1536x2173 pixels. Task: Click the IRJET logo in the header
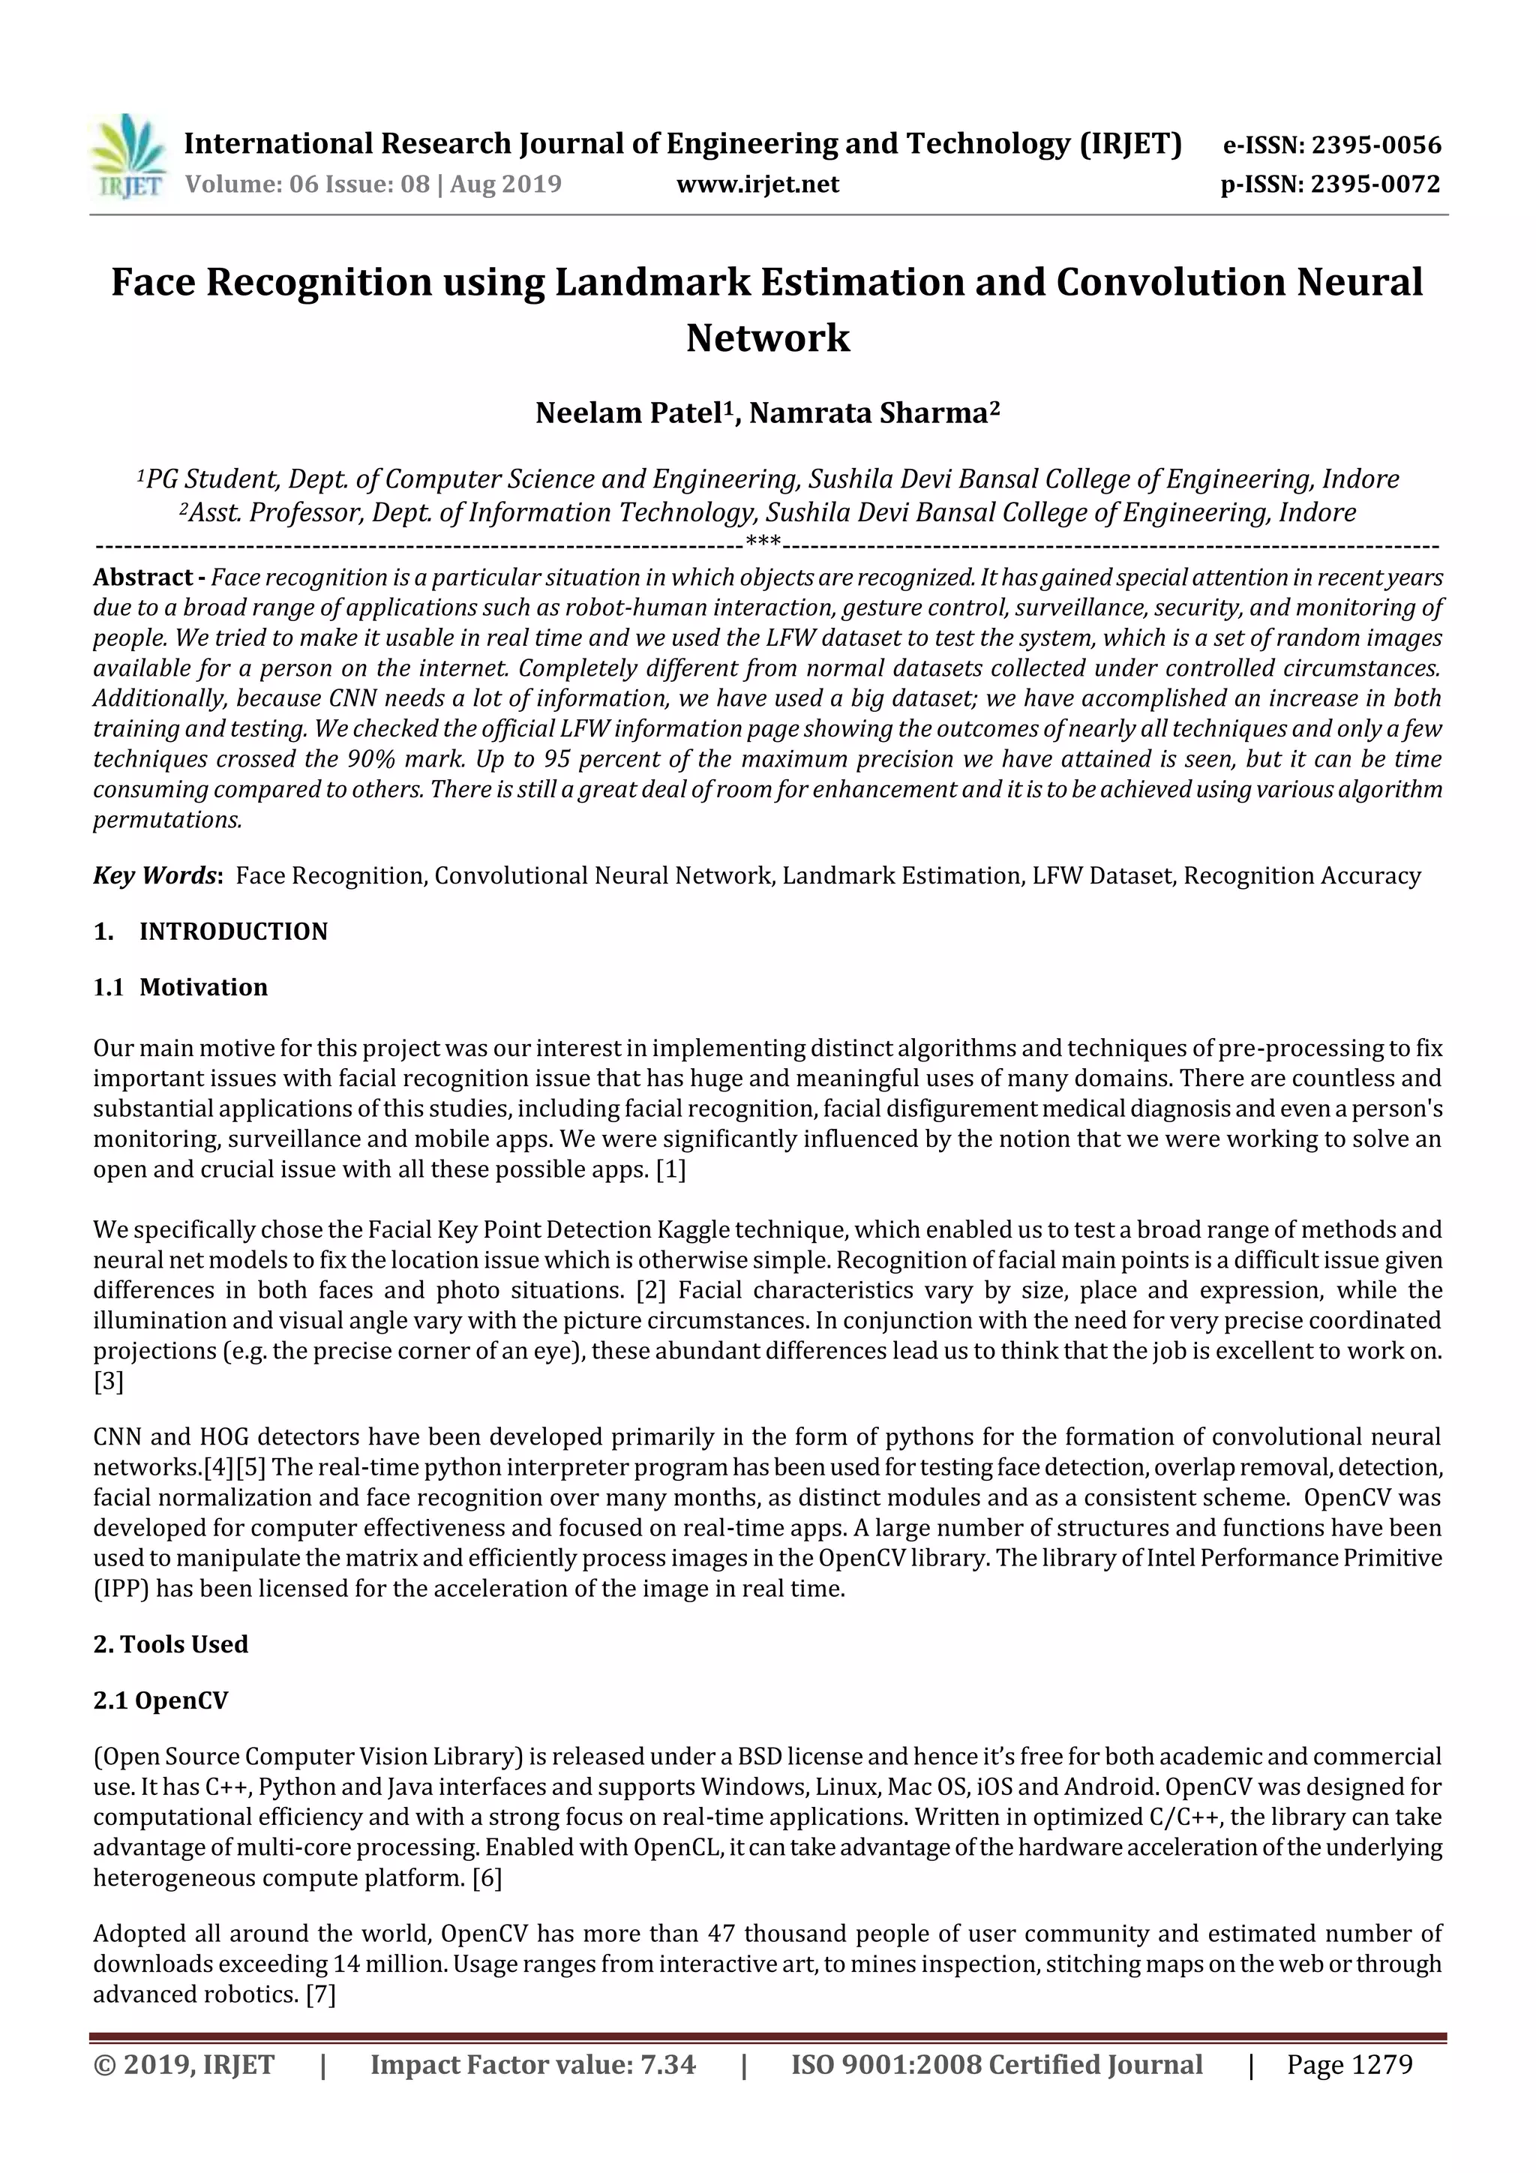click(x=127, y=156)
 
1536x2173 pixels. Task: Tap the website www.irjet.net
click(x=757, y=184)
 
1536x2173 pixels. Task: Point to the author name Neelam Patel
click(x=629, y=413)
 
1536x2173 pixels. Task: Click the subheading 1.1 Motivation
click(x=180, y=987)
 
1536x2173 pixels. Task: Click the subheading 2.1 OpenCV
click(x=161, y=1700)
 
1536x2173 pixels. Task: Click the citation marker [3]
click(x=108, y=1381)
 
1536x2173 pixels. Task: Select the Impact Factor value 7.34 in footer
click(x=667, y=2064)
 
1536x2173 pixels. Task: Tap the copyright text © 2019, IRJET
click(x=184, y=2064)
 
